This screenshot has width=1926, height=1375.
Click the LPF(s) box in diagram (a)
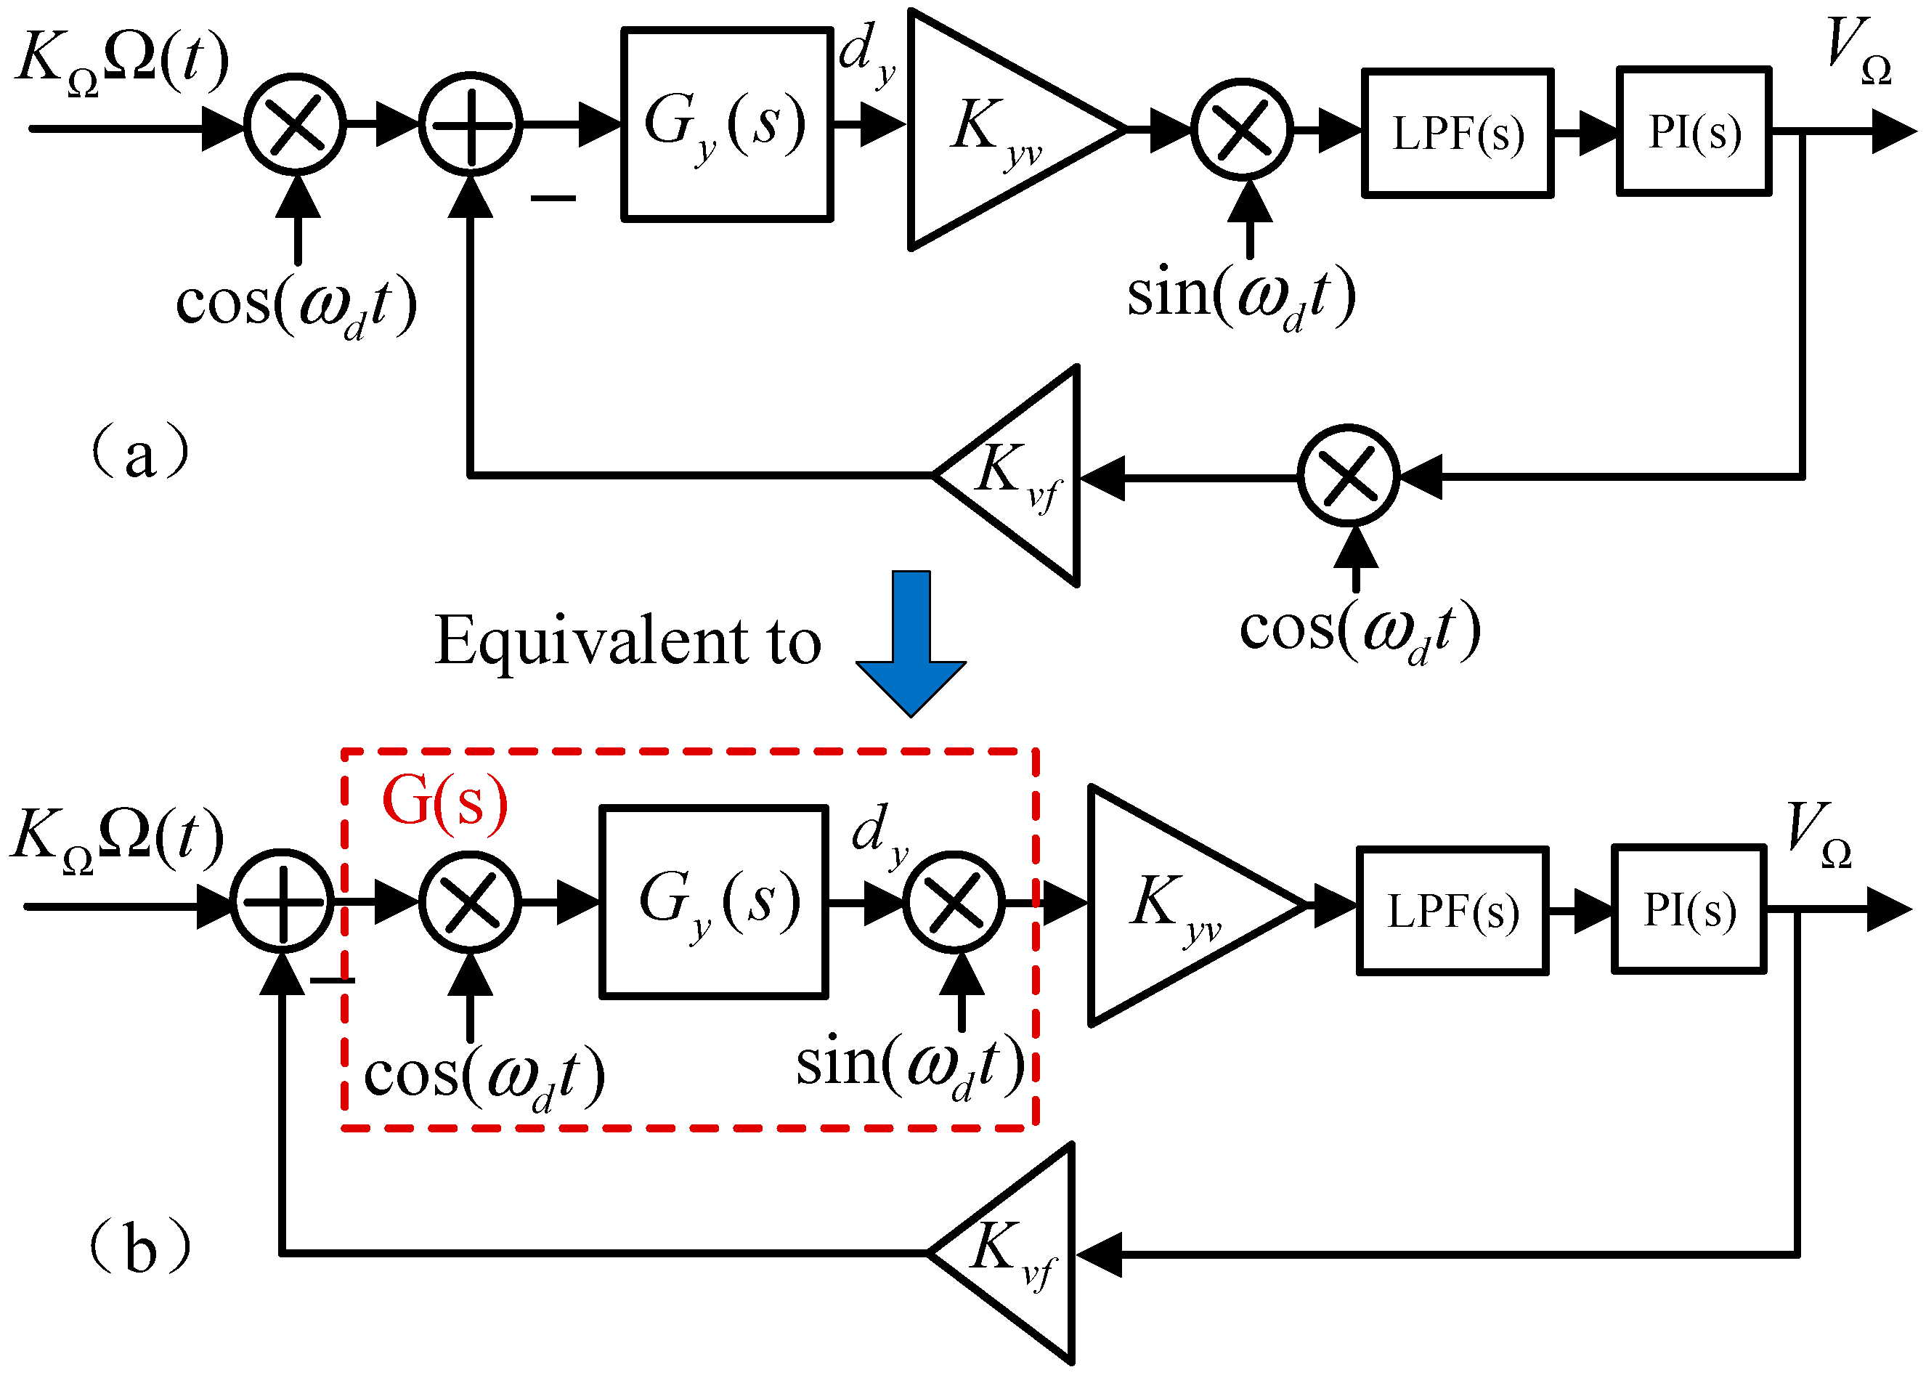click(1456, 133)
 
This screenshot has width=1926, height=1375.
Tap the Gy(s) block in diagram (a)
click(726, 124)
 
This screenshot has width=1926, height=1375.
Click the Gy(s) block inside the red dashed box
click(713, 901)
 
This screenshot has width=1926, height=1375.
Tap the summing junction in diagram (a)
click(471, 124)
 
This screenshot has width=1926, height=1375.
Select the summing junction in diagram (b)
click(282, 901)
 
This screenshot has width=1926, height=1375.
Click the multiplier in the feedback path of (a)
click(1348, 476)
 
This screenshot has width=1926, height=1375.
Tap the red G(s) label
click(444, 802)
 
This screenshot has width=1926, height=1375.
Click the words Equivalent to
click(627, 641)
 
